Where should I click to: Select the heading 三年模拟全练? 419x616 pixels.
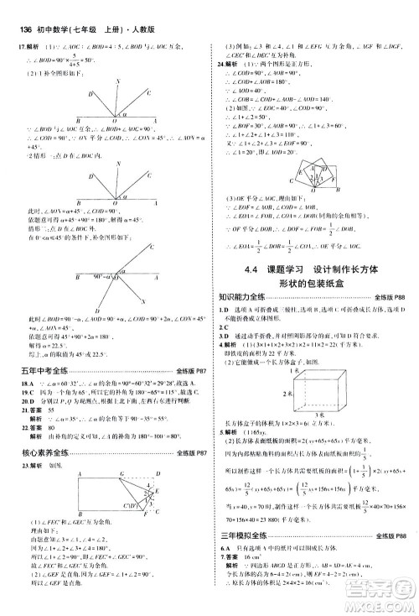point(241,557)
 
